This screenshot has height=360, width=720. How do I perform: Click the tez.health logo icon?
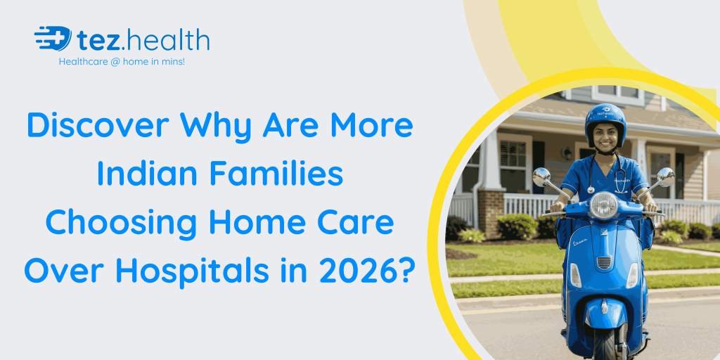coord(53,39)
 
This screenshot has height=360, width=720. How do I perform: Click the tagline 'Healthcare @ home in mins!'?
coord(122,62)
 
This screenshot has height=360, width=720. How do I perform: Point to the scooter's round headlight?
coord(603,205)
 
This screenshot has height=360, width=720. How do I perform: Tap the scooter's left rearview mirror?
coord(541,176)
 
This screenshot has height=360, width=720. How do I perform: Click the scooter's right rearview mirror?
coord(665,175)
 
